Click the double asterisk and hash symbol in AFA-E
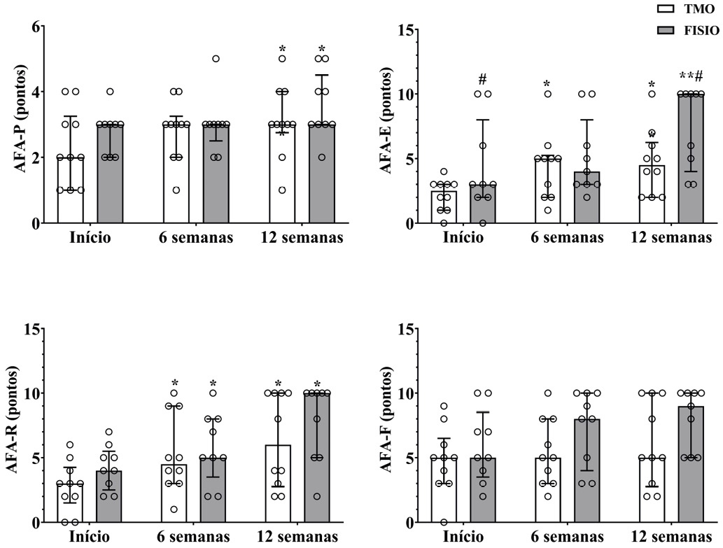pos(692,76)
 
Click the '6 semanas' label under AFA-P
pos(192,237)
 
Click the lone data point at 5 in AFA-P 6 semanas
pos(216,59)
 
